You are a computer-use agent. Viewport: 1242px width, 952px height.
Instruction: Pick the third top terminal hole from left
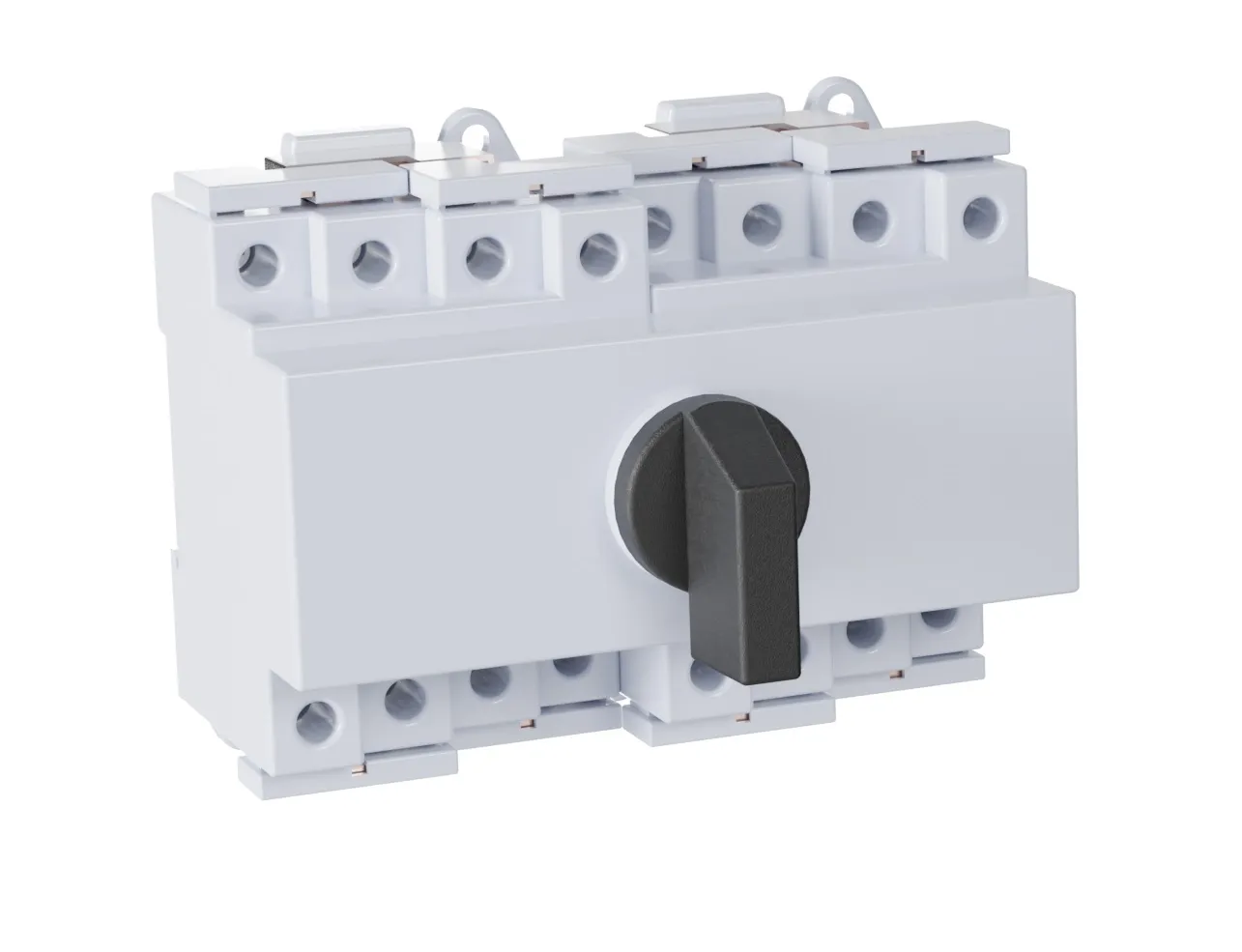(480, 256)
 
